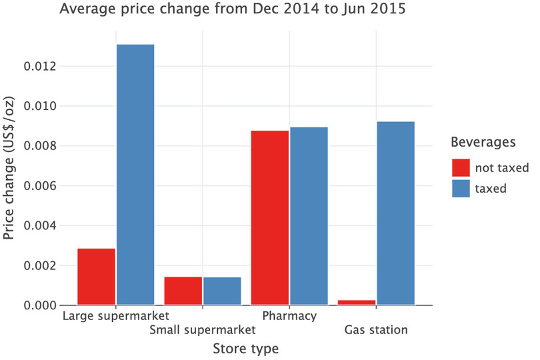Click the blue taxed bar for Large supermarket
(x=135, y=175)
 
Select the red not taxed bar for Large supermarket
(x=97, y=277)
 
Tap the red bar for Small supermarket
(x=183, y=291)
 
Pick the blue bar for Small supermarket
(x=222, y=291)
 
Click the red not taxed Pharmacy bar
(x=270, y=218)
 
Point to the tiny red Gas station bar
(x=357, y=303)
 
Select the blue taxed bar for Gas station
(x=395, y=213)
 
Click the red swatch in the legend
(x=461, y=167)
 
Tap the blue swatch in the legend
(x=461, y=188)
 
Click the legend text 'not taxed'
(x=501, y=167)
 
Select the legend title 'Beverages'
(x=483, y=142)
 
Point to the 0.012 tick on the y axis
(x=39, y=67)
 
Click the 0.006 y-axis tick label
(x=39, y=186)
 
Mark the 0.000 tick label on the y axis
(x=39, y=305)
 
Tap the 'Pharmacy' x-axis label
(x=289, y=315)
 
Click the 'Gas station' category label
(x=376, y=330)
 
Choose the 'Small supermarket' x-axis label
(x=203, y=330)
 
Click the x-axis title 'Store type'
(x=245, y=349)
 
